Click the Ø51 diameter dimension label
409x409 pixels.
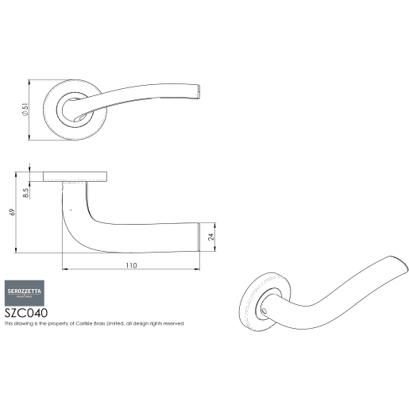click(26, 112)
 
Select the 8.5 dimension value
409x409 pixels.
click(26, 192)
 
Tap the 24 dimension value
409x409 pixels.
click(210, 236)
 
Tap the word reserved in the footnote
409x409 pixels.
click(172, 324)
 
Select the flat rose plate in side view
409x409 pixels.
click(75, 176)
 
